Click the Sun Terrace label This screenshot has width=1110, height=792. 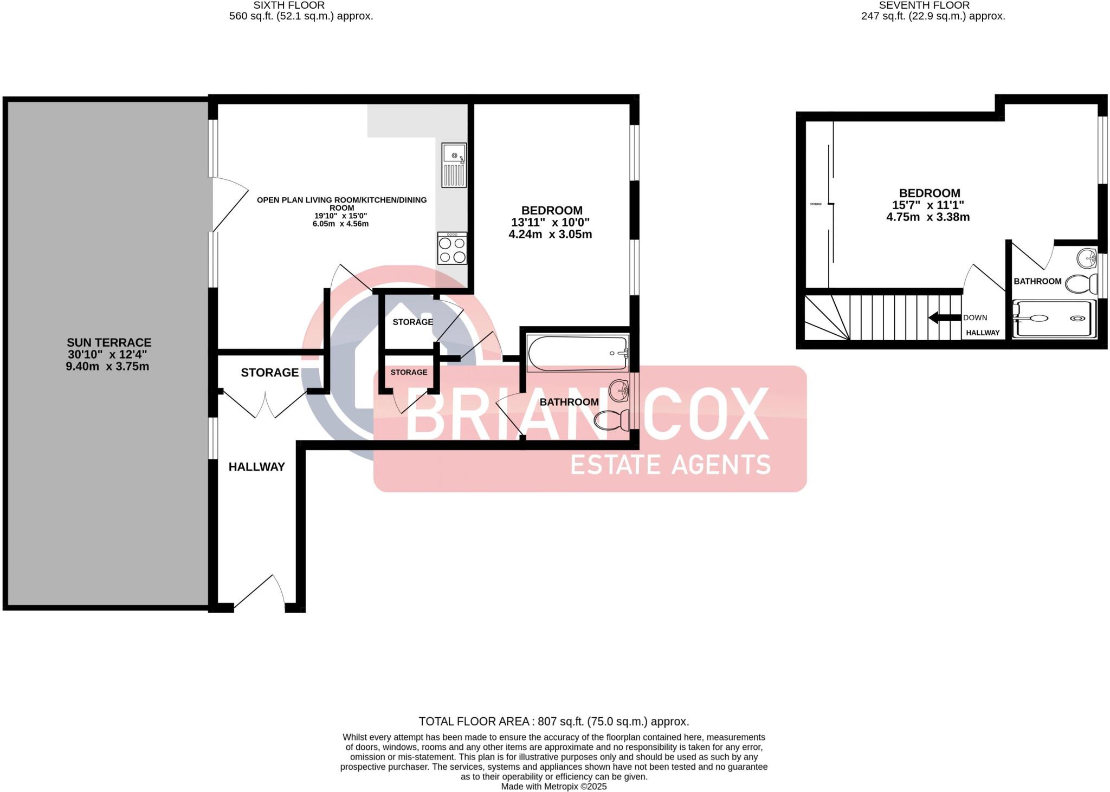[108, 342]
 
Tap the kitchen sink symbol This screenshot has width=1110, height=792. [454, 165]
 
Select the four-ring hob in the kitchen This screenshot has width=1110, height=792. [452, 249]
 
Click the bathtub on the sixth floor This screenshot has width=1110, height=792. [577, 353]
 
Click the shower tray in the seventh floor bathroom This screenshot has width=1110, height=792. [1054, 319]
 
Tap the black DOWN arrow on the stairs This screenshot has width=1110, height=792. [944, 318]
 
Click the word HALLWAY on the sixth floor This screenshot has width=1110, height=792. [256, 467]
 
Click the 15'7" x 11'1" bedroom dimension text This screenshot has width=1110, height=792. [928, 205]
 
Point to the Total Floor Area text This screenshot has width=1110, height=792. [553, 722]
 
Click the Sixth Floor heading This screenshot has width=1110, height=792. [289, 5]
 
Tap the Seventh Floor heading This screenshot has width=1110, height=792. [924, 5]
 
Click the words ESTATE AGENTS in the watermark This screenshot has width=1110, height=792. [670, 465]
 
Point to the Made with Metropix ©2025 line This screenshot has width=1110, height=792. [553, 787]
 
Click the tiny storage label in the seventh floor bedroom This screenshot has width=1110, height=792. [816, 204]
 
